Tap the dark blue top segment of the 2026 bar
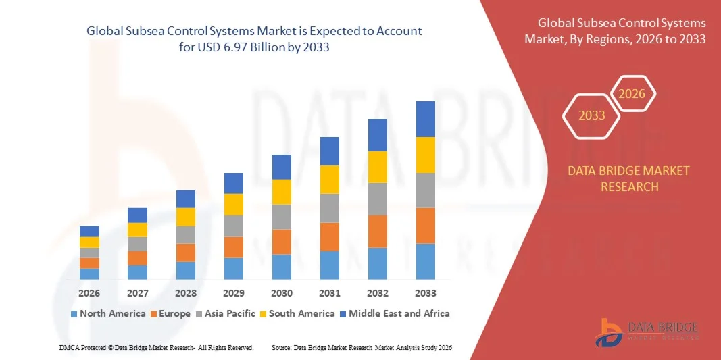click(x=89, y=231)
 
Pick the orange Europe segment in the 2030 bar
click(x=282, y=242)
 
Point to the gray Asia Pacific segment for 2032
click(x=378, y=199)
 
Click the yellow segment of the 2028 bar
click(x=186, y=217)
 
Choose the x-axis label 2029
click(x=234, y=293)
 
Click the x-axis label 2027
click(x=137, y=293)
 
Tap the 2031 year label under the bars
click(x=330, y=293)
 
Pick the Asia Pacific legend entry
click(x=226, y=313)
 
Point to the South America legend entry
click(x=301, y=313)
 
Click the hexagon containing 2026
click(x=632, y=94)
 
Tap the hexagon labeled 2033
click(x=592, y=115)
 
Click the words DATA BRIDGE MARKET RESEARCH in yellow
click(x=629, y=178)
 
